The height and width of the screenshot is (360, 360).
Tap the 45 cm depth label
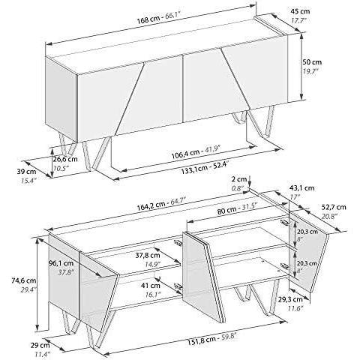point(300,11)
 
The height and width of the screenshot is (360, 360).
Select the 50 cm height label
point(312,61)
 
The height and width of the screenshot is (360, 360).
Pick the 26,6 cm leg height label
point(65,159)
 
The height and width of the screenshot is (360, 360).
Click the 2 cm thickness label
point(239,179)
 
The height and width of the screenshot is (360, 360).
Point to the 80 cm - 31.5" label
point(235,209)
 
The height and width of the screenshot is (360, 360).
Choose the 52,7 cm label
point(334,207)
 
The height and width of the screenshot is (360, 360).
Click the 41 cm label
point(151,285)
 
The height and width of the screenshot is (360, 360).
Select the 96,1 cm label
point(61,263)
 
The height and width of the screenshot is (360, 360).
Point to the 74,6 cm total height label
point(24,280)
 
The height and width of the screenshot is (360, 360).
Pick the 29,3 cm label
point(290,299)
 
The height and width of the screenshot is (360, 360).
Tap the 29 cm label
point(40,346)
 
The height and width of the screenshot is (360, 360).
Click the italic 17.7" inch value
point(299,21)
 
